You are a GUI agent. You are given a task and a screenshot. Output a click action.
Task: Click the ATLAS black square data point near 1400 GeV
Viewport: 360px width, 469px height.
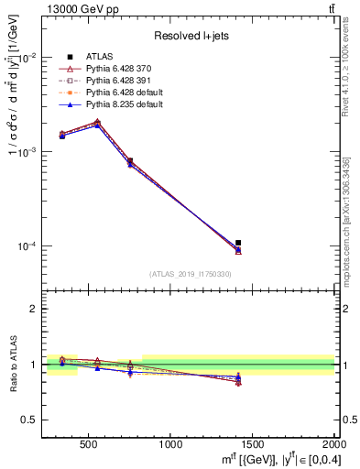coord(238,243)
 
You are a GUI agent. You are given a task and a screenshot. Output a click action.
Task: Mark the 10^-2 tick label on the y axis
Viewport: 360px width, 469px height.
coord(27,57)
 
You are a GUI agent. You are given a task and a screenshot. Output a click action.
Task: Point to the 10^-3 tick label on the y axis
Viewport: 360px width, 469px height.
coord(27,151)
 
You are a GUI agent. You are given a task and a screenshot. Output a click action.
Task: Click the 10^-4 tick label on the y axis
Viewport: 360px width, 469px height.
coord(27,246)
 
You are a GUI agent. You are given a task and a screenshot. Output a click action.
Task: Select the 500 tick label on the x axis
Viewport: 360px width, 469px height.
coord(89,444)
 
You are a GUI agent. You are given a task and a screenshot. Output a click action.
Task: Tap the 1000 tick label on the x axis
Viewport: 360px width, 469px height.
coord(170,444)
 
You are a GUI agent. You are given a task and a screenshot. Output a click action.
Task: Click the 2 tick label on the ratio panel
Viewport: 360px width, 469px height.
coord(32,309)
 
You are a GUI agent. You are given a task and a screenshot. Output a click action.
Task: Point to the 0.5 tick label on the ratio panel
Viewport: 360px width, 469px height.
coord(27,420)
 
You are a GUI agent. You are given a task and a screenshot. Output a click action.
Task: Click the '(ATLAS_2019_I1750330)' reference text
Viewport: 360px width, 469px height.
coord(190,274)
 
